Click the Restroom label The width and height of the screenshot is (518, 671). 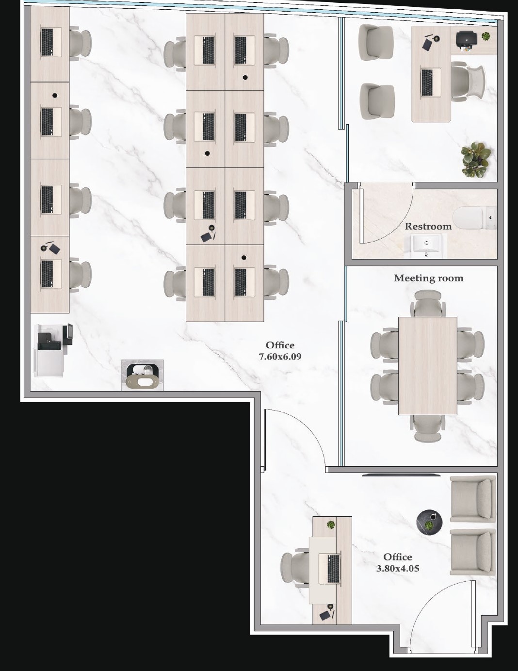tap(428, 227)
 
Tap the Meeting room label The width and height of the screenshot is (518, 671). tap(428, 278)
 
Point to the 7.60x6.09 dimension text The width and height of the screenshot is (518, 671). tap(280, 357)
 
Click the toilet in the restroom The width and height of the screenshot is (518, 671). tap(475, 218)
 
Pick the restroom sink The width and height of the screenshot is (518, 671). tap(427, 245)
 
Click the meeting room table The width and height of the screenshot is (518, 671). tap(428, 366)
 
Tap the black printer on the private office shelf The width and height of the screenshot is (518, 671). tap(466, 39)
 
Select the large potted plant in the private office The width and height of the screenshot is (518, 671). tap(476, 160)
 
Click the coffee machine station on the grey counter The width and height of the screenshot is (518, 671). tap(142, 375)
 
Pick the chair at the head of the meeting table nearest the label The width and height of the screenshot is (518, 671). tap(428, 304)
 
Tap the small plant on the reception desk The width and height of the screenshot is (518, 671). tap(331, 524)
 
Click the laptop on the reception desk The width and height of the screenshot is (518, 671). tap(330, 569)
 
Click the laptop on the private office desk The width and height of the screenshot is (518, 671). tap(431, 83)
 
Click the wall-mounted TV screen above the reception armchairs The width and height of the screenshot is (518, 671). tap(401, 475)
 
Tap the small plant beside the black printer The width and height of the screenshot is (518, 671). tap(486, 36)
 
